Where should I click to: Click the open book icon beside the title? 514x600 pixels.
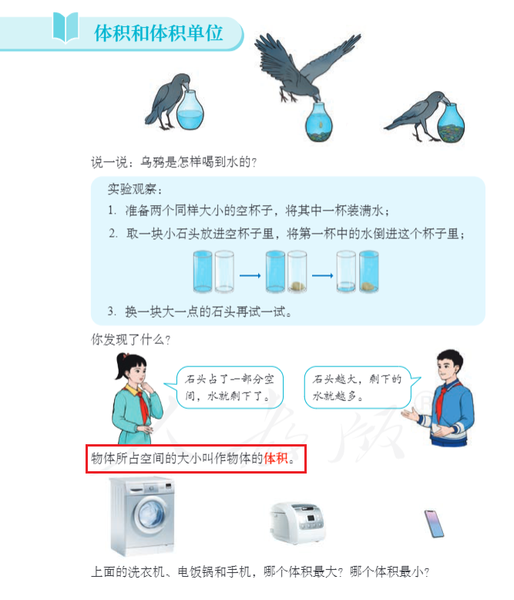click(x=66, y=27)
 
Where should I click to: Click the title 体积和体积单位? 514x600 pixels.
click(x=158, y=33)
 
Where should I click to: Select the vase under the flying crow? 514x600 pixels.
click(x=319, y=123)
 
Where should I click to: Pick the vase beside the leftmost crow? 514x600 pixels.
click(x=190, y=110)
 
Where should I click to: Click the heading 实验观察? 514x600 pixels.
click(x=135, y=189)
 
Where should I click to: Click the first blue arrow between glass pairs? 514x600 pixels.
click(x=250, y=275)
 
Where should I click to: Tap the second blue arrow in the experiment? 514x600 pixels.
click(x=322, y=275)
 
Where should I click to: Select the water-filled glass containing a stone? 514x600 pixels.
click(x=369, y=271)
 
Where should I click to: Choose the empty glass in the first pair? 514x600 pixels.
click(x=224, y=271)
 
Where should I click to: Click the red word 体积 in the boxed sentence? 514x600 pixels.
click(x=276, y=458)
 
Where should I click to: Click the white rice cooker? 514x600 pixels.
click(x=297, y=522)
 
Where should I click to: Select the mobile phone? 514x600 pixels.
click(x=434, y=524)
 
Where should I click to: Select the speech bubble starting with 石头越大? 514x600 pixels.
click(x=361, y=387)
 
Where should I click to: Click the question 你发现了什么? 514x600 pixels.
click(x=130, y=339)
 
